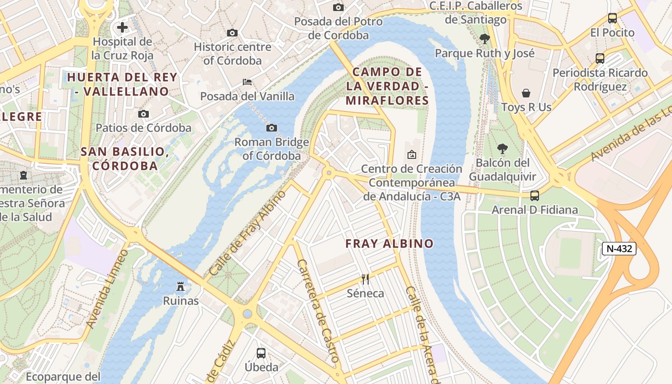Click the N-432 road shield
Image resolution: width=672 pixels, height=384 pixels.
point(619,249)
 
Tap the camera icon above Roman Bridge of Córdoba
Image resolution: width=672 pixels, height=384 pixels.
point(272,128)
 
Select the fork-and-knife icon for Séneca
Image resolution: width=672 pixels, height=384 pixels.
point(365,278)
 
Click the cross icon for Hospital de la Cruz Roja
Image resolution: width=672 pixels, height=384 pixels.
point(122,27)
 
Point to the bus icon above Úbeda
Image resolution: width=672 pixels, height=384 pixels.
point(261,353)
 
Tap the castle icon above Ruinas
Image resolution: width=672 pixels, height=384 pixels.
point(180,287)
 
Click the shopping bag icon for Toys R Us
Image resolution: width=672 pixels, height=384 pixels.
point(526,93)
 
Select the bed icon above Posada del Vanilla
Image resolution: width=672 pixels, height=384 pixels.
point(247,82)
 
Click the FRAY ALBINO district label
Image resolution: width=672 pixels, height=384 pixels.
point(389,244)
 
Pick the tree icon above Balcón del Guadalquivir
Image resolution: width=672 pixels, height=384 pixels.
point(502,148)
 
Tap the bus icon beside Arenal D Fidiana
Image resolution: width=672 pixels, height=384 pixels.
point(535,196)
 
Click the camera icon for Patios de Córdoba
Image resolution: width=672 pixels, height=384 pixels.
point(143,114)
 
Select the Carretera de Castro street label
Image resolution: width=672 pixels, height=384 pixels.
point(318,311)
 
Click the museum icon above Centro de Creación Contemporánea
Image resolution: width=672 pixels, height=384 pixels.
point(411,155)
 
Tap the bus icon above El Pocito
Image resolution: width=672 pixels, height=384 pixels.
point(612,18)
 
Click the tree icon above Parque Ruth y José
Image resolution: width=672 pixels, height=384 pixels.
point(484,39)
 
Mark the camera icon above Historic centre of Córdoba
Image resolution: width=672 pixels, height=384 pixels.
point(232,33)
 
